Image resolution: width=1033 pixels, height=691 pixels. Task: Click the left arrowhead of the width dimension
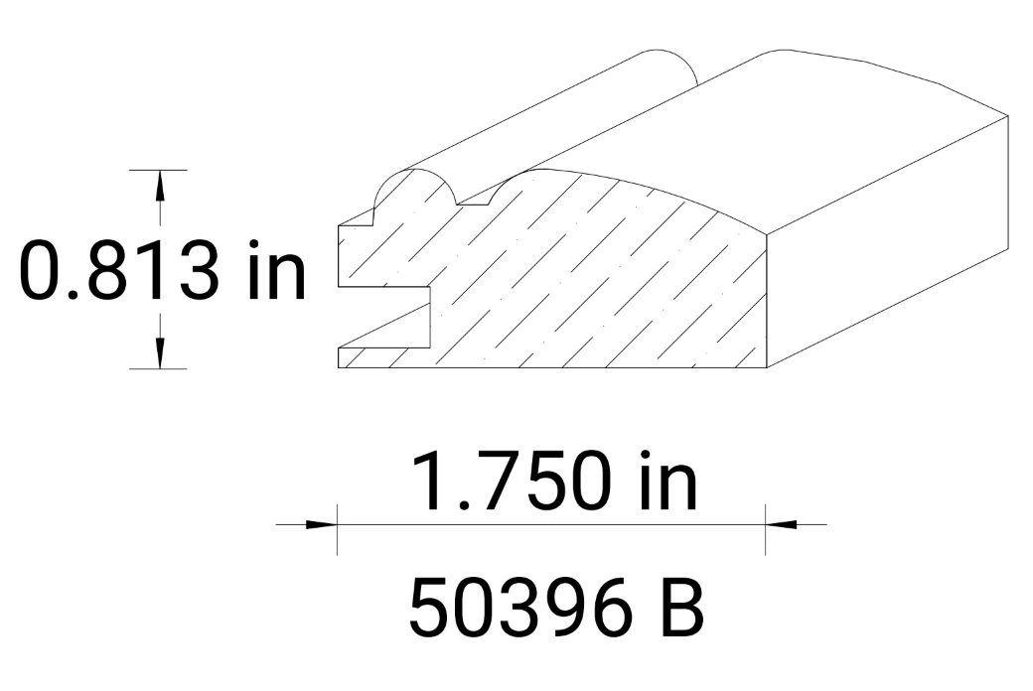tap(320, 523)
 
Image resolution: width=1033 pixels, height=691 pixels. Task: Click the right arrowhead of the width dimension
tap(782, 523)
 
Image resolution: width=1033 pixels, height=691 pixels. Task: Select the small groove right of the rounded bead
tap(474, 200)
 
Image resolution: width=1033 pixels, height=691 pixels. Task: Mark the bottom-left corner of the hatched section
tap(340, 366)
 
